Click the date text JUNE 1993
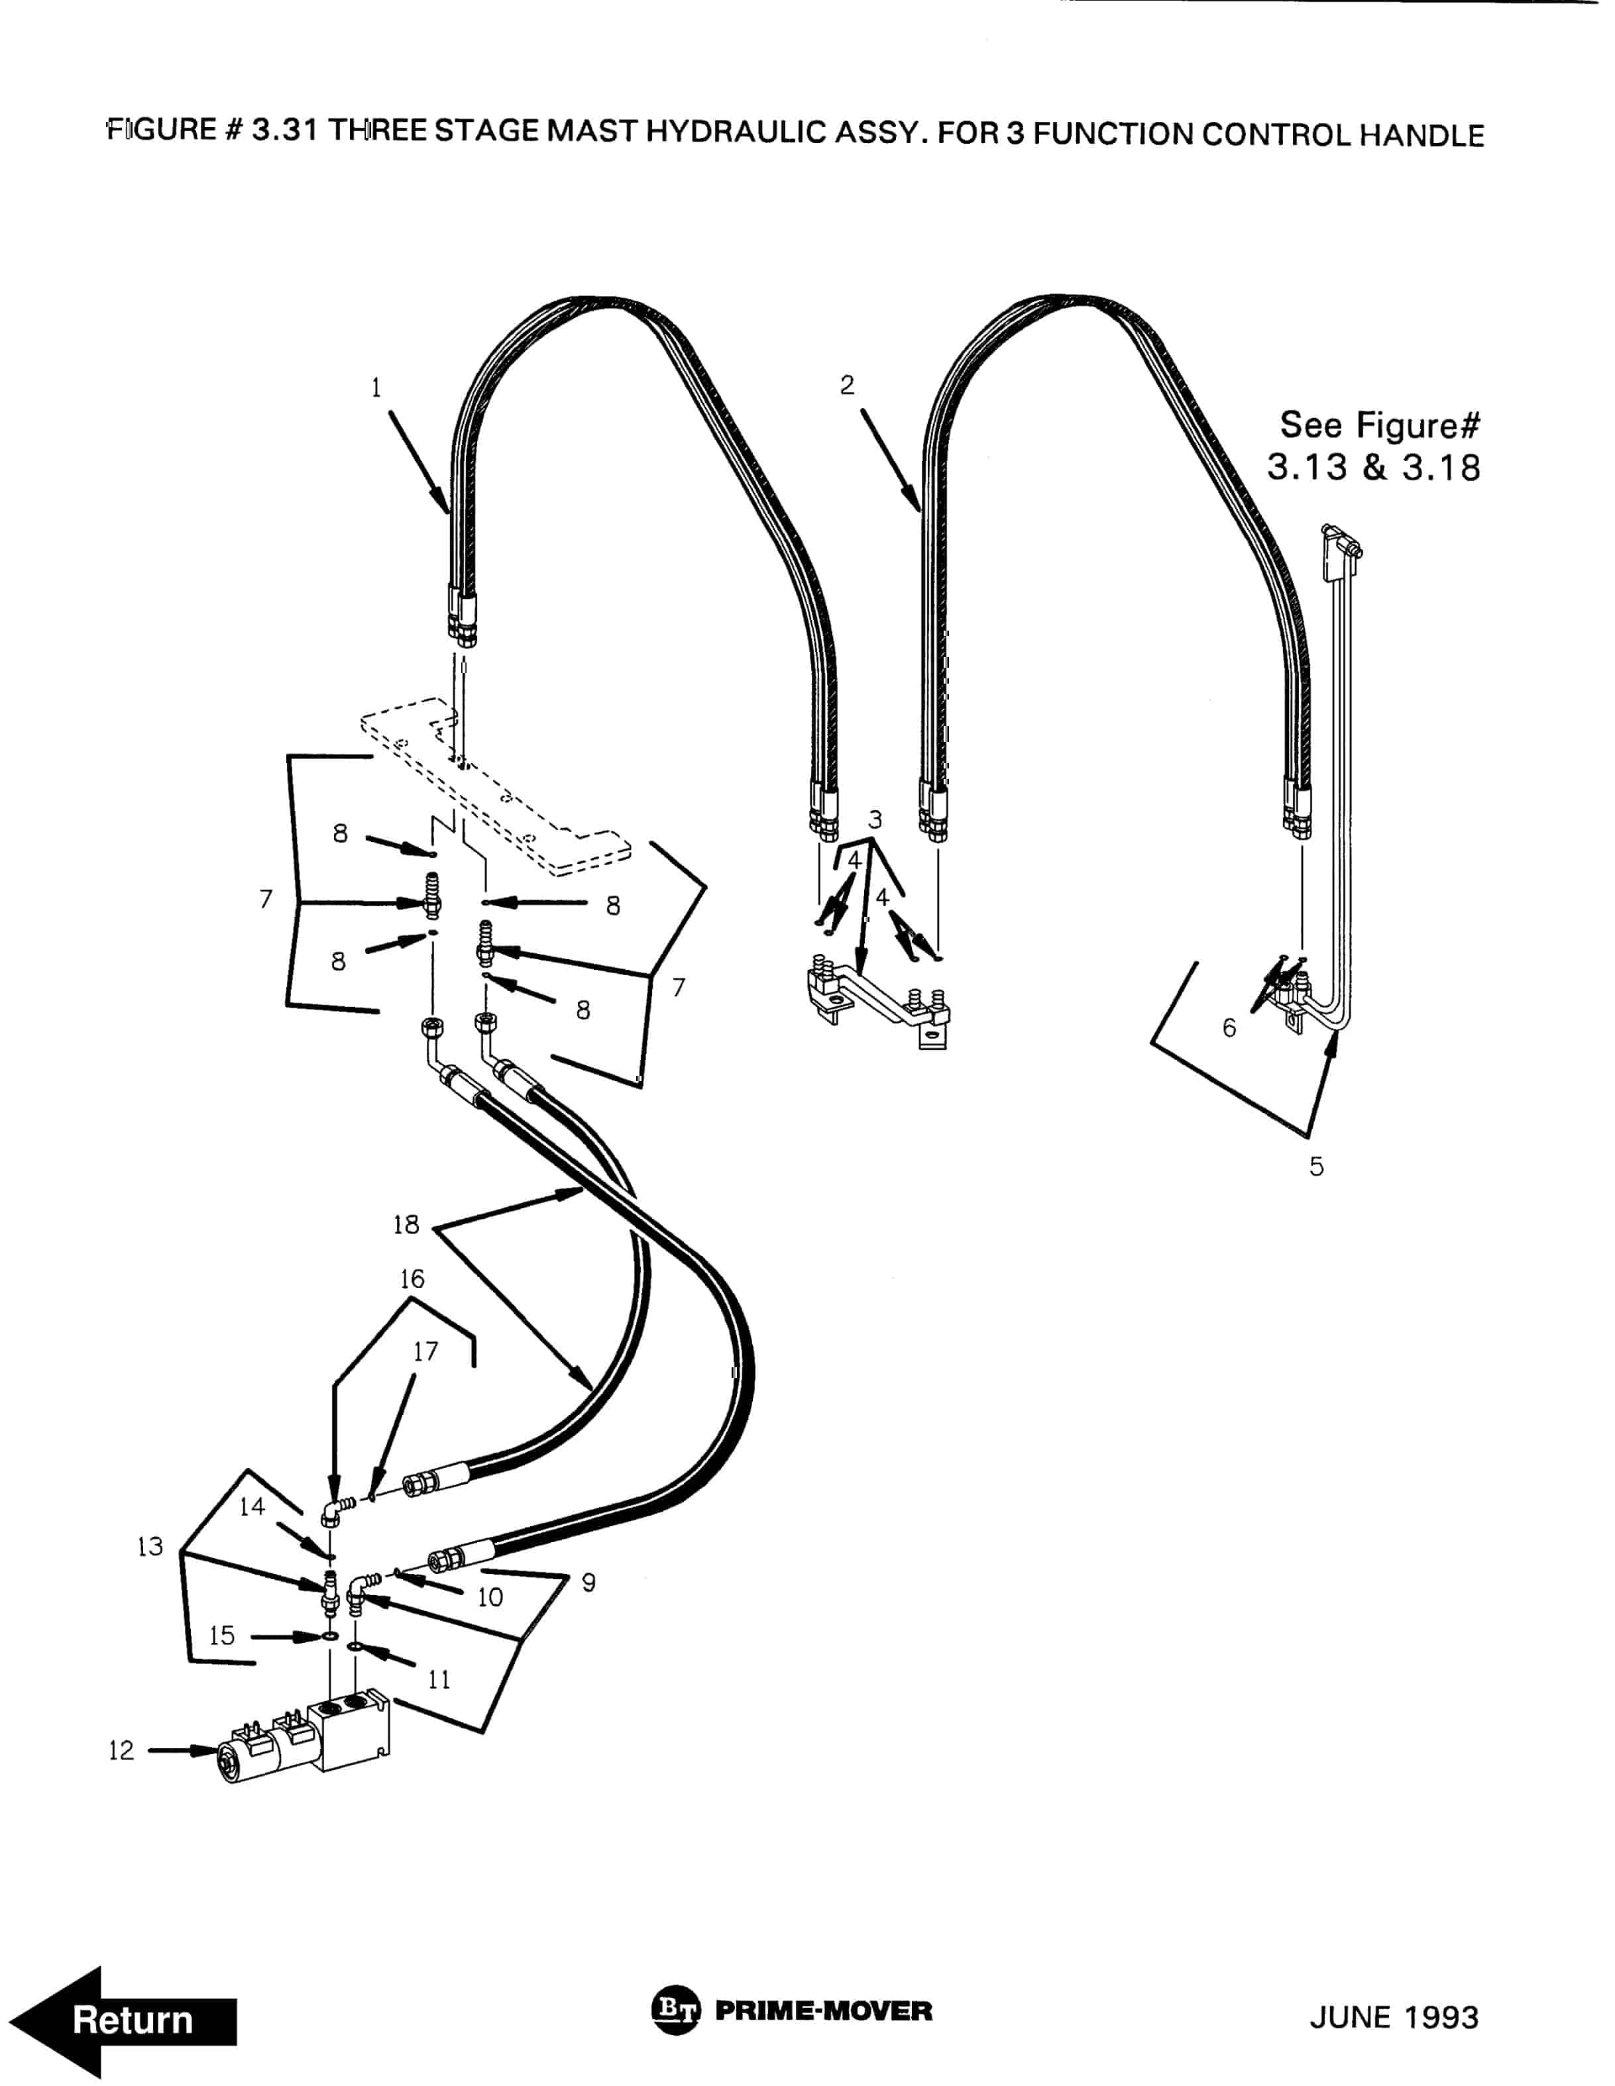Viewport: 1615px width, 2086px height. coord(1393,2017)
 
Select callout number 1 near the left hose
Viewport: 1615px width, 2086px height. coord(376,388)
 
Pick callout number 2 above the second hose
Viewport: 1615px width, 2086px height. coord(847,385)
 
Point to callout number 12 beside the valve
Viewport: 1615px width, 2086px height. coord(121,1751)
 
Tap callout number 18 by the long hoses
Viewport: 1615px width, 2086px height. coord(406,1224)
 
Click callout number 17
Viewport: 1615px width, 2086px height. coord(425,1351)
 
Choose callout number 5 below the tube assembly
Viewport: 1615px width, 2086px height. coord(1316,1166)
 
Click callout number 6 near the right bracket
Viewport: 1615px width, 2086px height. coord(1229,1027)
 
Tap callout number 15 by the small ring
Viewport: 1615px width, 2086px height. coord(222,1635)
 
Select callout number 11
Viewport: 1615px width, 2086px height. coord(439,1679)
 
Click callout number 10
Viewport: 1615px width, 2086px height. coord(490,1597)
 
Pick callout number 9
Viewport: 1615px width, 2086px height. coord(588,1583)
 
